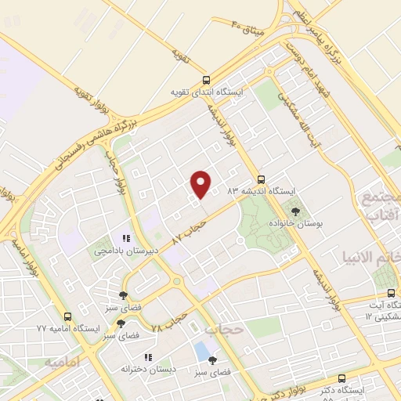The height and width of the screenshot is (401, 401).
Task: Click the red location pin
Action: click(201, 183)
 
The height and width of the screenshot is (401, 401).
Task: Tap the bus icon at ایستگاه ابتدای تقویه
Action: click(206, 79)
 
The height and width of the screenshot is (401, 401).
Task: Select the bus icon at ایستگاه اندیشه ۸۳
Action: click(262, 178)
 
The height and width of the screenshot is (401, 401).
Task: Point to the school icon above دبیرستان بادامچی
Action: click(125, 238)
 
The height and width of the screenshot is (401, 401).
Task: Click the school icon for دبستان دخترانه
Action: click(148, 357)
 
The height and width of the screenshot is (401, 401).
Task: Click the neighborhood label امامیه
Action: click(63, 363)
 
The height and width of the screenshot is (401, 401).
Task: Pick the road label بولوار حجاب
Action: click(114, 179)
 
